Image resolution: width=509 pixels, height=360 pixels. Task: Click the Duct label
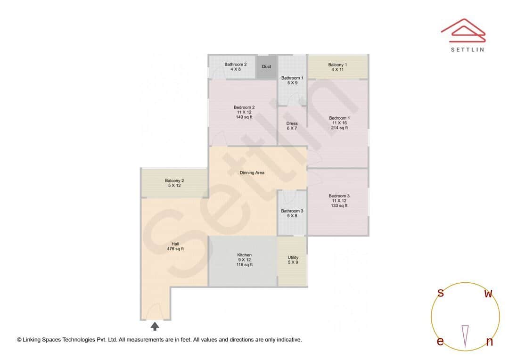(266, 66)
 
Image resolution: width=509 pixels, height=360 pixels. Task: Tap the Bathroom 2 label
(235, 65)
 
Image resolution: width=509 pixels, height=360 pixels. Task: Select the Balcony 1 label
(337, 65)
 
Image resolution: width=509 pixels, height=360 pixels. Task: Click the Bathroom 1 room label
(292, 78)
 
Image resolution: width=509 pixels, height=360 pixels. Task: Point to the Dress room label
(292, 123)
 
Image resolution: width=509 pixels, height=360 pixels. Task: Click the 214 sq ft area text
(339, 128)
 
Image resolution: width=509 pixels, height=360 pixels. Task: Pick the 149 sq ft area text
(244, 117)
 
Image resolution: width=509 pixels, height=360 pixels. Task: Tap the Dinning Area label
(252, 172)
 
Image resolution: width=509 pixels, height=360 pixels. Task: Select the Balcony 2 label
(174, 180)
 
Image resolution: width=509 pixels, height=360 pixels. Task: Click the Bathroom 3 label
(292, 211)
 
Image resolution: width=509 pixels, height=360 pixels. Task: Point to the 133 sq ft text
(339, 205)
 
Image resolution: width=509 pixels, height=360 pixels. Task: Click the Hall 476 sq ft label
(175, 246)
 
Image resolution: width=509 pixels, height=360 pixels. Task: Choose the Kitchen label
(244, 255)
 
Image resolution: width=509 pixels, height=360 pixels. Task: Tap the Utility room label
(293, 257)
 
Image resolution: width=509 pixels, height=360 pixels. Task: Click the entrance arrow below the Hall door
(155, 326)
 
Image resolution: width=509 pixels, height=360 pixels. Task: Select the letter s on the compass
(441, 293)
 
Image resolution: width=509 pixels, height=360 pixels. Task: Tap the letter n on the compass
(489, 342)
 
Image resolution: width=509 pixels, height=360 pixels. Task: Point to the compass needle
(465, 335)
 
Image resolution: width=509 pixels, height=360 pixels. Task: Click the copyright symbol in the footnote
(19, 339)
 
